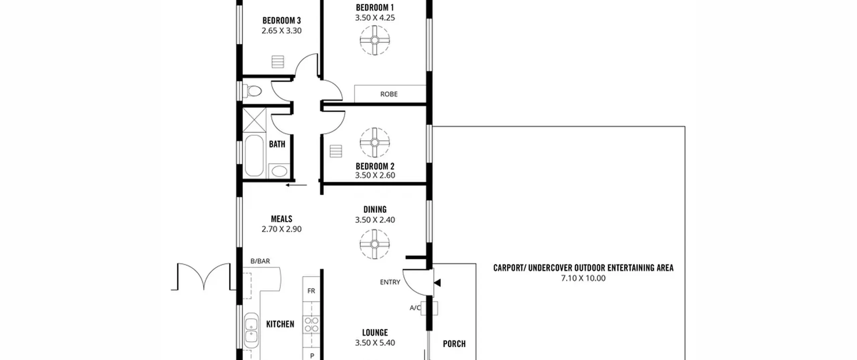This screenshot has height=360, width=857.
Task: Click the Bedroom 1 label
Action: click(375, 7)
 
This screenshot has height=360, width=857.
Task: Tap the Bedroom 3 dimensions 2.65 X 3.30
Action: click(282, 30)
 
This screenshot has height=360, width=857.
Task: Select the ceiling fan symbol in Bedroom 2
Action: click(375, 143)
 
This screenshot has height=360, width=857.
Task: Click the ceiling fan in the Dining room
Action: click(375, 244)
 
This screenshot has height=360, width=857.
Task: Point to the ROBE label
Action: click(389, 94)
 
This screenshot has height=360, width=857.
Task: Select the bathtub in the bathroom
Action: click(254, 155)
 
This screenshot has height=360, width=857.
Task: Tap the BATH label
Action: click(277, 144)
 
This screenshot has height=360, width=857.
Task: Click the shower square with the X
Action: click(254, 120)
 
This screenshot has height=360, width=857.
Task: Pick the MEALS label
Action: click(282, 219)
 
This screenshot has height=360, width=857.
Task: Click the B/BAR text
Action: click(260, 261)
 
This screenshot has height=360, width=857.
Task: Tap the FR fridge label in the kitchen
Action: click(311, 291)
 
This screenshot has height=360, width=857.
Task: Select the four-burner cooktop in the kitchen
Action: click(311, 325)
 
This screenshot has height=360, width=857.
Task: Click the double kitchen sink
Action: click(251, 331)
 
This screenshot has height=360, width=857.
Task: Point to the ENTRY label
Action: click(390, 282)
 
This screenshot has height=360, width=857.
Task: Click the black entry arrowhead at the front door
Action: click(437, 283)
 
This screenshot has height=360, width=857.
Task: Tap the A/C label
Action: click(415, 308)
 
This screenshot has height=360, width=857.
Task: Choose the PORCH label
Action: click(454, 344)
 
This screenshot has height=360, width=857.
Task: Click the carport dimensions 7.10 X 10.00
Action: click(583, 278)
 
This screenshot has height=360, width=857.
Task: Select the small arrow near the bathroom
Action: click(296, 185)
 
